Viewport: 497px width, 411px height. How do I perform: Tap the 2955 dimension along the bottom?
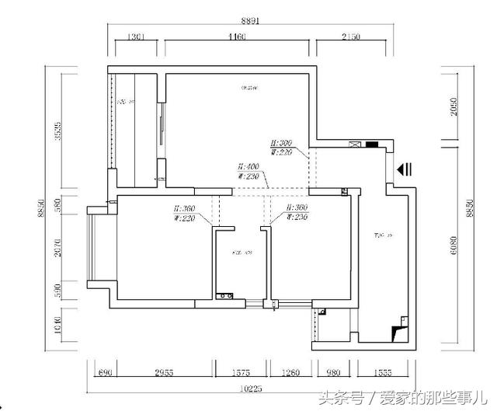click(165, 373)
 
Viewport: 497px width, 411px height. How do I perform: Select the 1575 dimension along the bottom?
click(242, 373)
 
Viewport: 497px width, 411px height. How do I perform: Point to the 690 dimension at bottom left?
click(105, 373)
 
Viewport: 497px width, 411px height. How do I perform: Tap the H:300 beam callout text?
click(281, 144)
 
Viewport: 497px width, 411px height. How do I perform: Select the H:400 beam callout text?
click(248, 167)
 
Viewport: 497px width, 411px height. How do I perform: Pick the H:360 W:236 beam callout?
click(299, 214)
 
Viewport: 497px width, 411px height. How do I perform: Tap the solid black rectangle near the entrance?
click(372, 144)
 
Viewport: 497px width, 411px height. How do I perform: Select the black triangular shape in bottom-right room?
click(398, 332)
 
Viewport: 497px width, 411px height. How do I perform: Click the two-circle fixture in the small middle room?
click(226, 295)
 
